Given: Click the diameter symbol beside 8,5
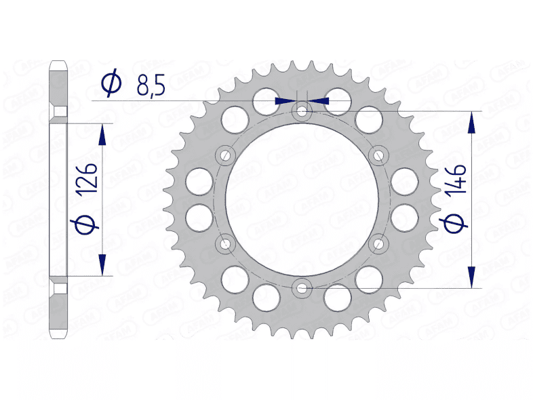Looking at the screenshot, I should pyautogui.click(x=111, y=83).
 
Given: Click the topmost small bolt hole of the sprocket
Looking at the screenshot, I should pyautogui.click(x=302, y=110).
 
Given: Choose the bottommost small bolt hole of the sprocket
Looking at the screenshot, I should pyautogui.click(x=302, y=288).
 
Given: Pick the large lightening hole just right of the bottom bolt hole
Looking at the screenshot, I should pyautogui.click(x=338, y=296).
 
